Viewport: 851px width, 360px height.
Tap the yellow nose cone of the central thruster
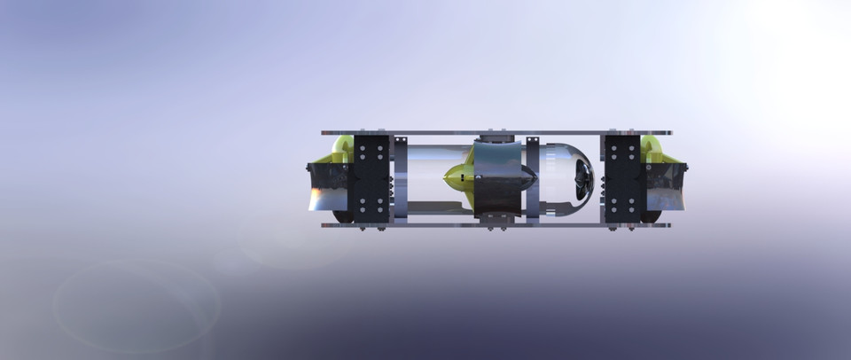tap(457, 178)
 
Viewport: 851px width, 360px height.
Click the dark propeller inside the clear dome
tap(582, 181)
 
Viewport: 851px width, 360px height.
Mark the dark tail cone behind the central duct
tap(543, 182)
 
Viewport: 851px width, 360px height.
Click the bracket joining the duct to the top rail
tap(499, 140)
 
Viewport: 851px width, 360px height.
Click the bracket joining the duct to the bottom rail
tap(499, 216)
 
